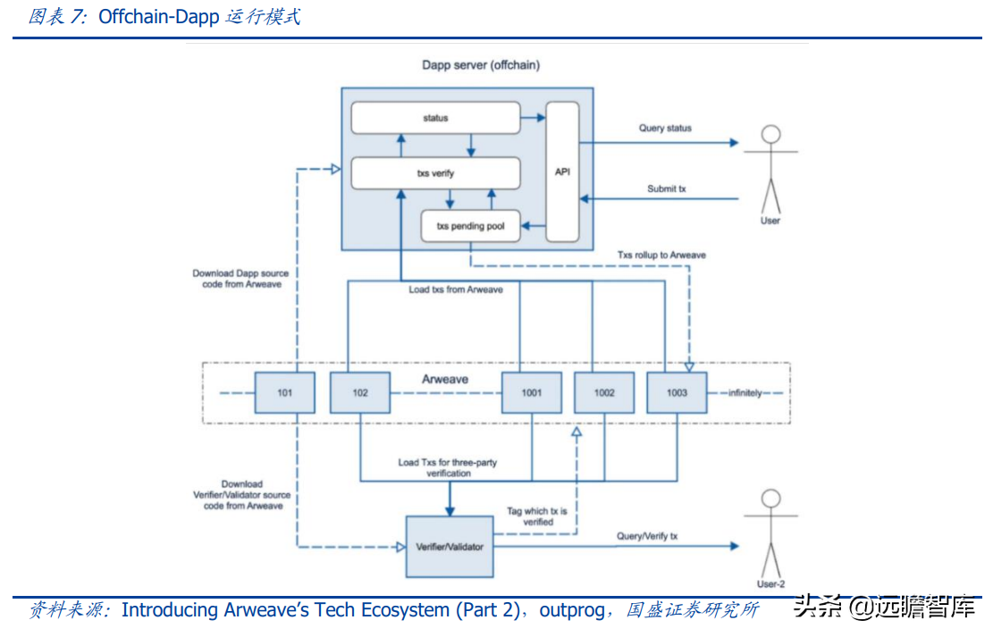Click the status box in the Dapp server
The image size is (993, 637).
click(435, 118)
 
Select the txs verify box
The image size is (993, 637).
click(435, 173)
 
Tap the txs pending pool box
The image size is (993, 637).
click(470, 226)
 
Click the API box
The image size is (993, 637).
click(562, 172)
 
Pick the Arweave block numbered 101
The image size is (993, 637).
click(284, 392)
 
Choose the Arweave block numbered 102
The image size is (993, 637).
click(360, 392)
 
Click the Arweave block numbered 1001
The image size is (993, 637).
click(532, 392)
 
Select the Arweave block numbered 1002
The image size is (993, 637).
click(604, 392)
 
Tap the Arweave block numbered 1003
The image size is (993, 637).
click(677, 392)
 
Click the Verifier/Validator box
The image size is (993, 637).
click(450, 546)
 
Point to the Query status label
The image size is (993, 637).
click(665, 129)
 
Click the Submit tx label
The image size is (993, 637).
click(667, 189)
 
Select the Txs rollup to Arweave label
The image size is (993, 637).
click(661, 256)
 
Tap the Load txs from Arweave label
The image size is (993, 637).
click(456, 290)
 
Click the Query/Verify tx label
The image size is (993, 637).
click(647, 536)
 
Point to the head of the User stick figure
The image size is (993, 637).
click(770, 135)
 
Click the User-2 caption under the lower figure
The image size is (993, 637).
click(770, 584)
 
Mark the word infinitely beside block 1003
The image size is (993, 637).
click(745, 393)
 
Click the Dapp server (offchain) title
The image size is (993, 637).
click(481, 65)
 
